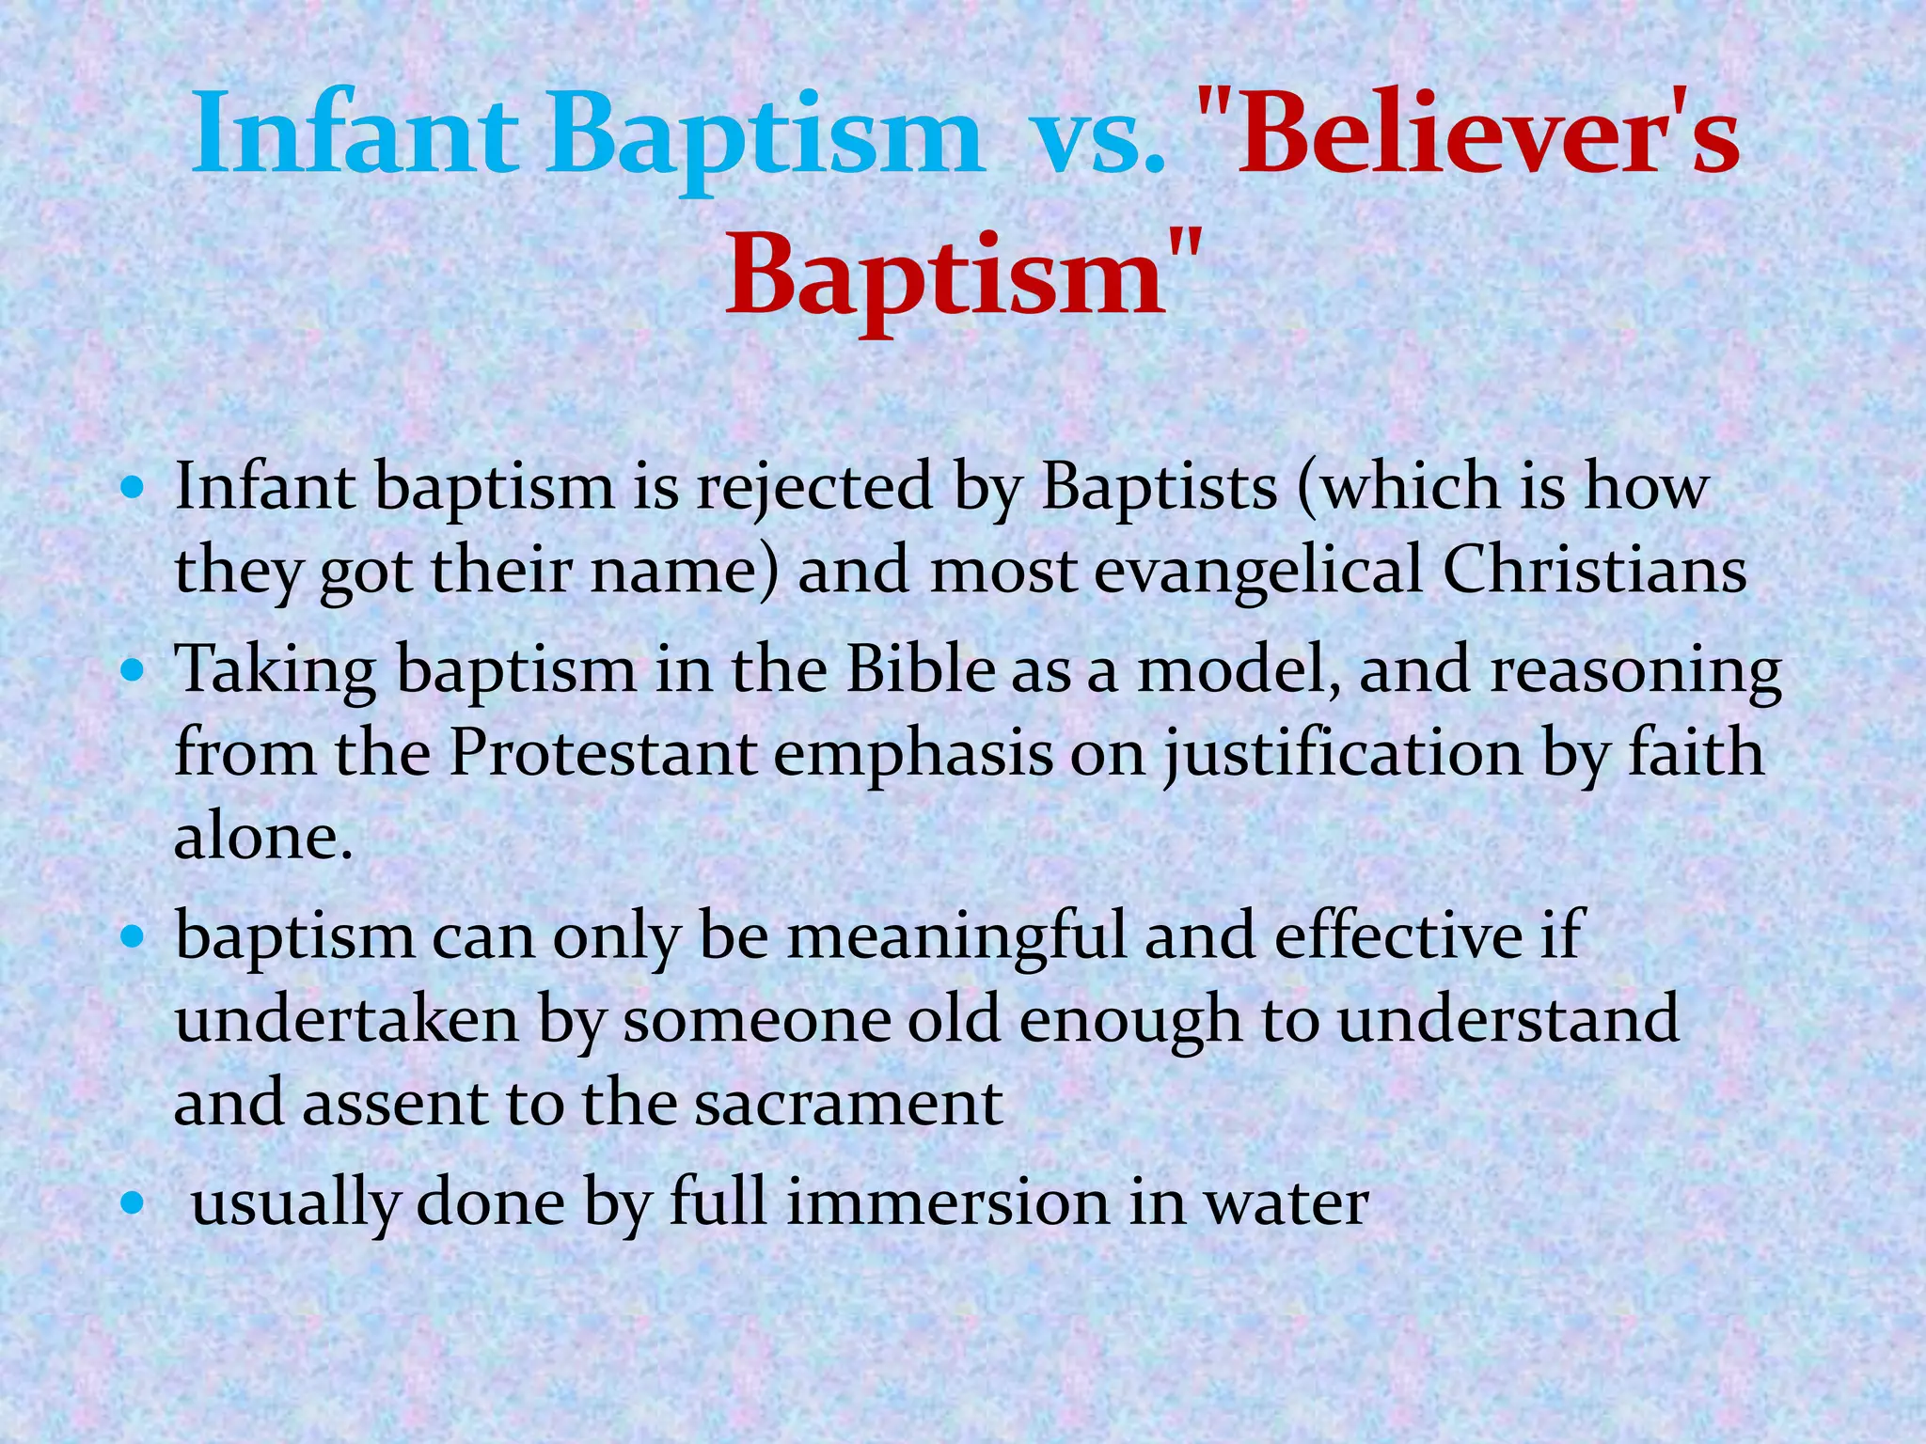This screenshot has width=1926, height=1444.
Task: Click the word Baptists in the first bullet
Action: [x=1159, y=489]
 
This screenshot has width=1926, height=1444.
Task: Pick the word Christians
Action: [x=1593, y=571]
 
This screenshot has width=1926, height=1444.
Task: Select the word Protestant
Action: [x=602, y=754]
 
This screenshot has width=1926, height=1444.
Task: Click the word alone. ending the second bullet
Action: [x=263, y=837]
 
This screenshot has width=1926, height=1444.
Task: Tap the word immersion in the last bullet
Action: [x=947, y=1203]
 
